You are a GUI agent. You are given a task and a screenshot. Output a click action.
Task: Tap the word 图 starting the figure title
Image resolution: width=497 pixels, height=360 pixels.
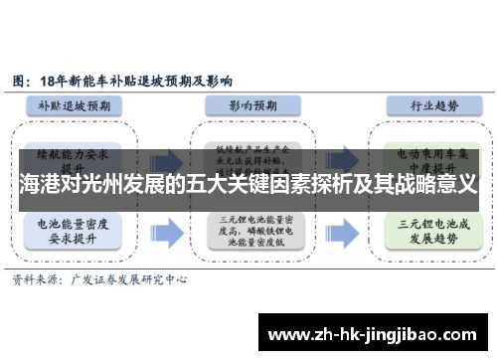[18, 79]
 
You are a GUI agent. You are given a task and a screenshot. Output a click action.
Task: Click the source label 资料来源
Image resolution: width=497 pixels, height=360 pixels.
[35, 281]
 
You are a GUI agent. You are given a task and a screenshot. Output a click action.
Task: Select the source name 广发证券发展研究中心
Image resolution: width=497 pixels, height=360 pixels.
[128, 281]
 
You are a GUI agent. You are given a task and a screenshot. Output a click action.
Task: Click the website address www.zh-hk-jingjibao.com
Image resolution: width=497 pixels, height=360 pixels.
[377, 333]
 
